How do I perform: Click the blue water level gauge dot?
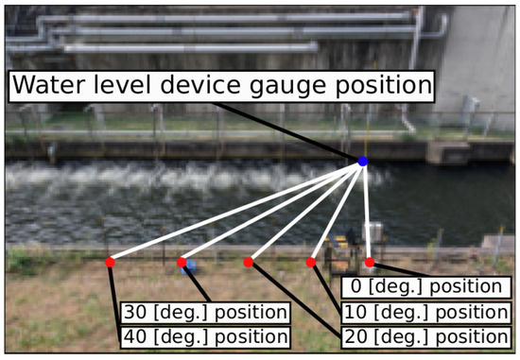click(363, 162)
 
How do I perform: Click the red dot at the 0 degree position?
click(370, 262)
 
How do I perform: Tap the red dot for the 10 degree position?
click(311, 262)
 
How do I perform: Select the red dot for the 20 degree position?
click(249, 262)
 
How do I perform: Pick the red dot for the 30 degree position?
click(182, 262)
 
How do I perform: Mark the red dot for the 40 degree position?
click(110, 262)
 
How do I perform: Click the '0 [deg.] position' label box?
click(423, 286)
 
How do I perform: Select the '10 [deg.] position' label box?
click(423, 312)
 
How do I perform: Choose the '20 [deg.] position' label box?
click(423, 336)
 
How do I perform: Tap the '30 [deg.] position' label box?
click(205, 312)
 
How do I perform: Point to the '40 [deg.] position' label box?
click(205, 336)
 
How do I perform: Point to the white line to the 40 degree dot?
click(236, 212)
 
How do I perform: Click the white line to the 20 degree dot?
click(305, 212)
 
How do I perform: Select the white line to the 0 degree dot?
click(366, 212)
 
